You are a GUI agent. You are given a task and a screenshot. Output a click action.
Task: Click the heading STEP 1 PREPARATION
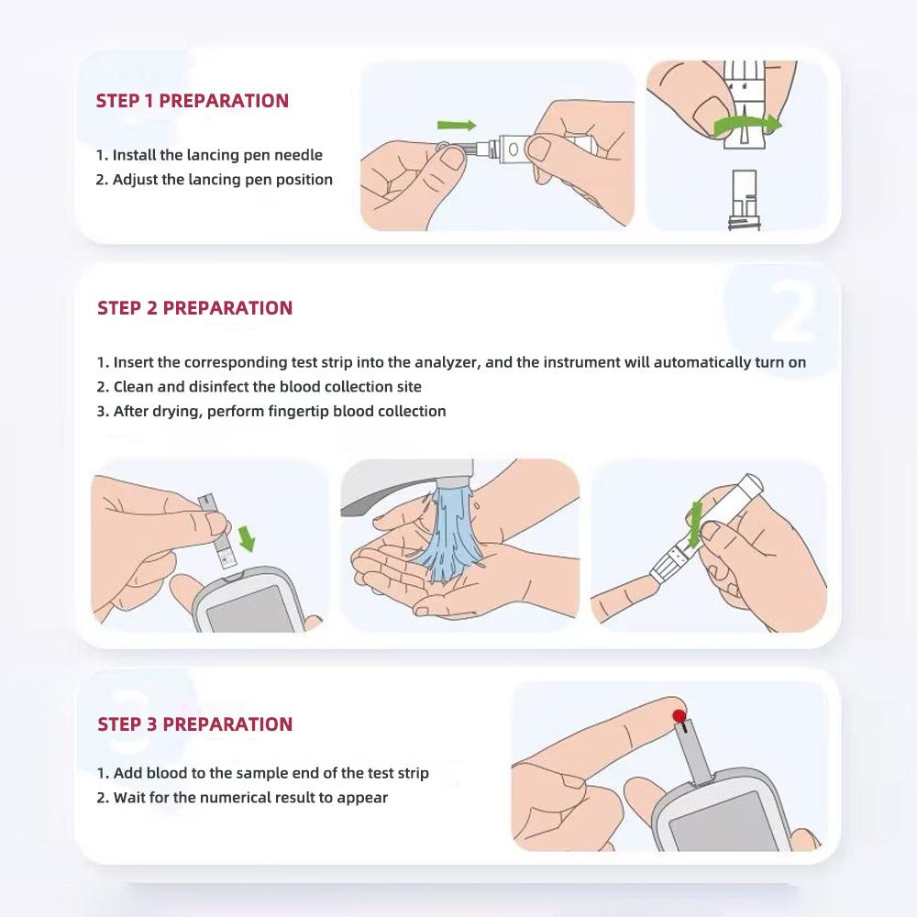click(193, 101)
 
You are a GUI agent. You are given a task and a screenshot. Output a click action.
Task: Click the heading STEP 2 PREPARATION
click(194, 308)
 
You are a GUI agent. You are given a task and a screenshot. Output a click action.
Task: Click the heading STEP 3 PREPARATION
click(194, 724)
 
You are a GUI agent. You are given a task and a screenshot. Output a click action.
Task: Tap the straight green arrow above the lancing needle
click(457, 125)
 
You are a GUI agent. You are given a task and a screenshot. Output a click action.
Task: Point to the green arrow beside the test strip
click(248, 538)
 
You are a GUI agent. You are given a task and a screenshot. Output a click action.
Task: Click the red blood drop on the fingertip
click(679, 716)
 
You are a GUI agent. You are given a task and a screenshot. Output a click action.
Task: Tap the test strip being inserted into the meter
click(217, 532)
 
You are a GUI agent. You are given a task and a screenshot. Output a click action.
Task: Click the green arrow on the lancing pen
click(694, 525)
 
